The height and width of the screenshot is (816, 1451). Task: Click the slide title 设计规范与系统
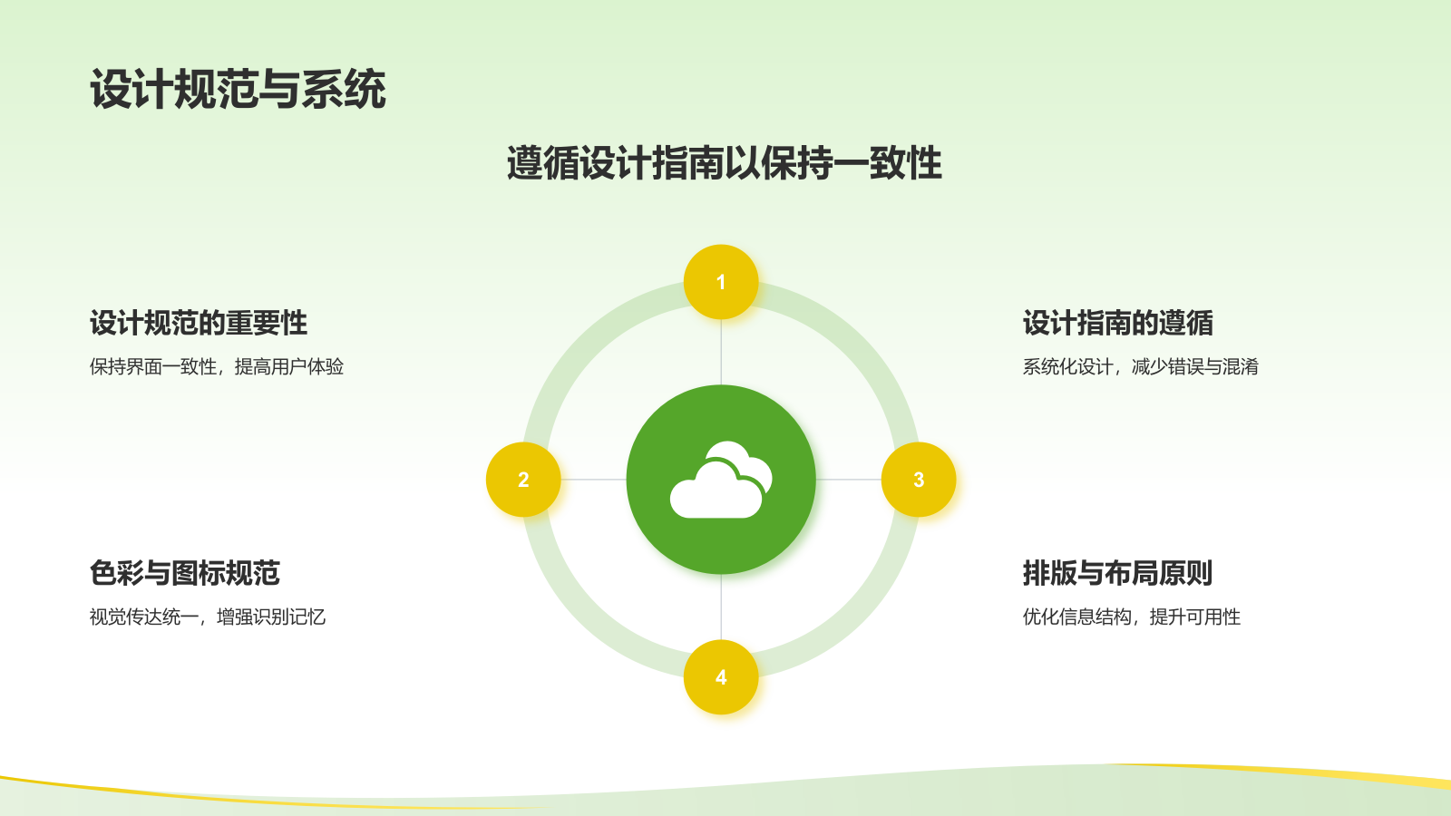238,89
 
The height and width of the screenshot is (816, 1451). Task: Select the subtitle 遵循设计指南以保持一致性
725,162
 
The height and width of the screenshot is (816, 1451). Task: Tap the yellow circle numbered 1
721,282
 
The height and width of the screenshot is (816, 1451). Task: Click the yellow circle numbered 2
523,480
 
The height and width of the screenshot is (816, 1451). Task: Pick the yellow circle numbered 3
919,480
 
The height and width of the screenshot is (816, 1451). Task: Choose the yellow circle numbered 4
721,676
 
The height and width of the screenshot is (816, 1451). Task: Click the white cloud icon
721,480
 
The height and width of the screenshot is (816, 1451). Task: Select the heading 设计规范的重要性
199,323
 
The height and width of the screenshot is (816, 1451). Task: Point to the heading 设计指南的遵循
1118,323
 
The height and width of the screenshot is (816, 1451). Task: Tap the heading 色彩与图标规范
185,572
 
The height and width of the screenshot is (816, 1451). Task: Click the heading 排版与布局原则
1118,572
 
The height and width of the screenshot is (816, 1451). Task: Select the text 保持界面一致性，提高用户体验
217,366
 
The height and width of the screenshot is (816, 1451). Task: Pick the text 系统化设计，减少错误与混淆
1141,366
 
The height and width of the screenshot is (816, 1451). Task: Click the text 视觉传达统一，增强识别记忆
208,617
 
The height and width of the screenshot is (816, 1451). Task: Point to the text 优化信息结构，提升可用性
1132,617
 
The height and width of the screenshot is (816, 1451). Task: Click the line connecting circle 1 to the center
721,352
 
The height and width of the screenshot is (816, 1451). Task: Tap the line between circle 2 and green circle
593,480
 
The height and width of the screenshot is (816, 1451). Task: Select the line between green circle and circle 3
849,480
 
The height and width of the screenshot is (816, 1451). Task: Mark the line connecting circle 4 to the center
721,607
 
